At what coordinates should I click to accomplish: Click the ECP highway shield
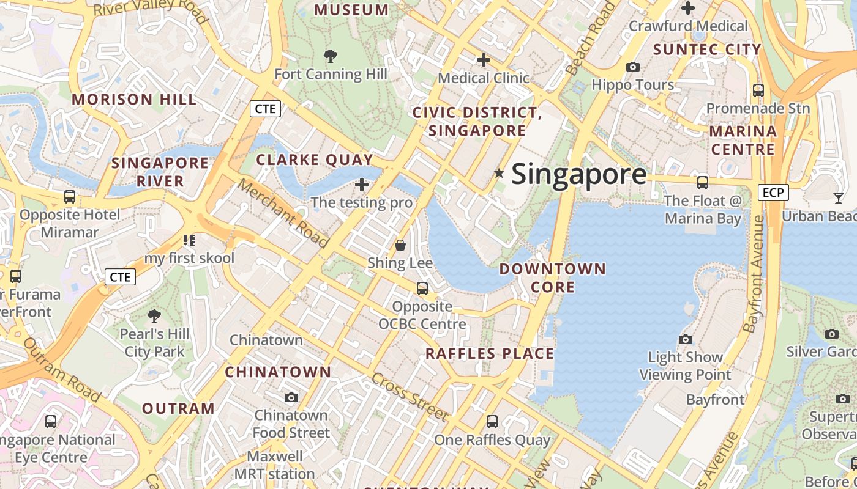click(x=773, y=193)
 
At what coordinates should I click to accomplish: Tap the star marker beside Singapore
click(x=499, y=174)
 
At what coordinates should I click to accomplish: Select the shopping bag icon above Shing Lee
click(x=400, y=245)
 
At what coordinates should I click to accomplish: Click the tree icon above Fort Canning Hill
click(x=331, y=56)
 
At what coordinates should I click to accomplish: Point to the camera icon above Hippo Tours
click(x=633, y=67)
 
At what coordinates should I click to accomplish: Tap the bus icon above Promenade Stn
click(x=758, y=90)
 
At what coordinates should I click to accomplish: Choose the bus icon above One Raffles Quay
click(x=492, y=421)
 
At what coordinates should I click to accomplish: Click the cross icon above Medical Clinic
click(x=484, y=60)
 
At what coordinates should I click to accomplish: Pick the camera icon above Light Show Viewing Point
click(x=686, y=339)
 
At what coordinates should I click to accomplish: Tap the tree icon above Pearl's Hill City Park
click(x=154, y=316)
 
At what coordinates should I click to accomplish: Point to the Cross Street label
click(x=410, y=397)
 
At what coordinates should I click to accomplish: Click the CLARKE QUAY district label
click(x=314, y=160)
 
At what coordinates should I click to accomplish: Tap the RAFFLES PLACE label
click(x=489, y=353)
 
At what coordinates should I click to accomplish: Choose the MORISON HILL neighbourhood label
click(x=134, y=99)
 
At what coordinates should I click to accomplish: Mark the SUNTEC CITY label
click(x=707, y=50)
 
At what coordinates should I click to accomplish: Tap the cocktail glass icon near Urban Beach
click(x=838, y=197)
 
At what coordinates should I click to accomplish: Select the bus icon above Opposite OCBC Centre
click(x=422, y=289)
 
